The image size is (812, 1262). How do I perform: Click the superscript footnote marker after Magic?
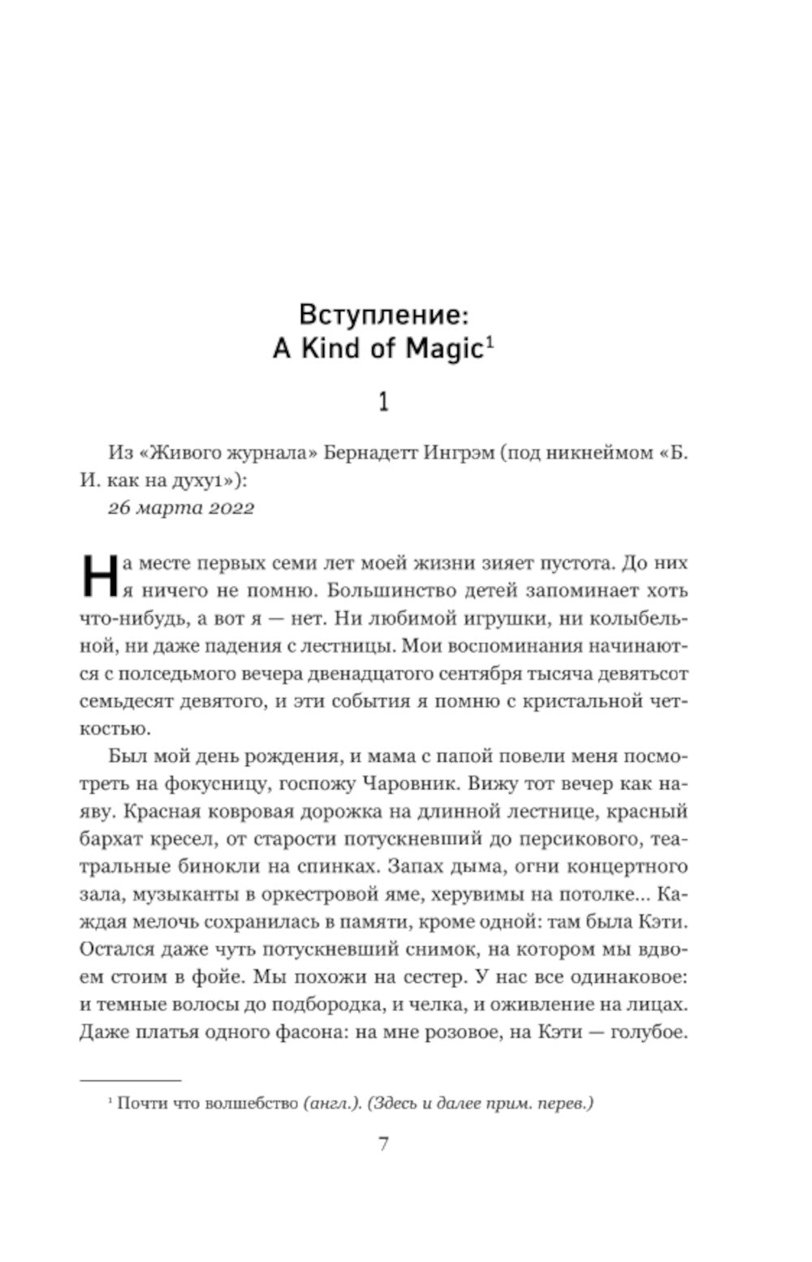490,342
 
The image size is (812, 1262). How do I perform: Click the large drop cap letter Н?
98,575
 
